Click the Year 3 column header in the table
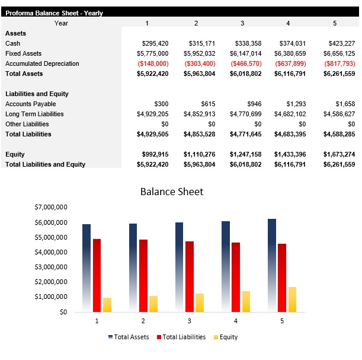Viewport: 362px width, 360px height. (x=242, y=23)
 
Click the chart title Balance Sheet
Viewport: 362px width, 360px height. (x=171, y=192)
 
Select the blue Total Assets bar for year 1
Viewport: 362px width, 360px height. (x=87, y=267)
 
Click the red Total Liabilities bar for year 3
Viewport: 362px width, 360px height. (x=190, y=276)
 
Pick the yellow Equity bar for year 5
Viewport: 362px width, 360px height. (x=293, y=299)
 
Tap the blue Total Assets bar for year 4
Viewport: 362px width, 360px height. (x=226, y=266)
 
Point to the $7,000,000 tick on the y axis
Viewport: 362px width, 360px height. (x=50, y=208)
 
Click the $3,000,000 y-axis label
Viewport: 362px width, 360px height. (x=50, y=267)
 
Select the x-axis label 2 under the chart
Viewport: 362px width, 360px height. (x=143, y=321)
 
